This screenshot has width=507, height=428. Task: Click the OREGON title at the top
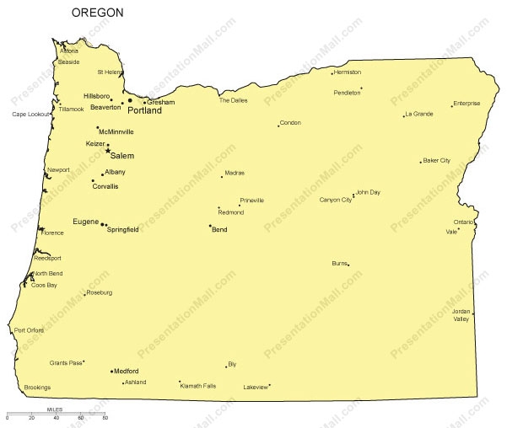(97, 13)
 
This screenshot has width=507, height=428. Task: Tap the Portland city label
(144, 110)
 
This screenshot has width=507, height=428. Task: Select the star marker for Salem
(108, 151)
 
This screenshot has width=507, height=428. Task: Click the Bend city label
(219, 229)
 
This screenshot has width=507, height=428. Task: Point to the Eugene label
(86, 222)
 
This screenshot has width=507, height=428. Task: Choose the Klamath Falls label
(198, 386)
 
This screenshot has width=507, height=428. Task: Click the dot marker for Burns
(348, 265)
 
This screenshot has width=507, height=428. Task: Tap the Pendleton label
(347, 93)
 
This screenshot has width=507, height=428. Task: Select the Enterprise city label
(467, 104)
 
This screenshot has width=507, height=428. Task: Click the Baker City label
(437, 160)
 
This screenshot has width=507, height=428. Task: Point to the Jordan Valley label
(461, 316)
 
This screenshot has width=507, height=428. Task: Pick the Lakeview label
(255, 388)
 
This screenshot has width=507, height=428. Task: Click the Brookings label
(37, 388)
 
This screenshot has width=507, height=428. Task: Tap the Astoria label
(68, 51)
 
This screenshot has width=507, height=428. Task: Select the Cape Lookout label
(31, 114)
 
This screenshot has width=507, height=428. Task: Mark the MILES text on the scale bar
(55, 409)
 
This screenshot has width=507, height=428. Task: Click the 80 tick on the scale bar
(105, 418)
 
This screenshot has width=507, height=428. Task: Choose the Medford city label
(127, 371)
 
